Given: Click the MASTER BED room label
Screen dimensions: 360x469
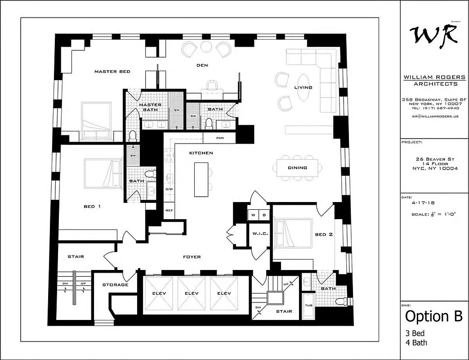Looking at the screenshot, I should coord(112,72).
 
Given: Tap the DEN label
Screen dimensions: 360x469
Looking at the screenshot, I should coord(202,66).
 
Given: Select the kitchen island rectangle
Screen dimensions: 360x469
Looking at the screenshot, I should coord(201,179).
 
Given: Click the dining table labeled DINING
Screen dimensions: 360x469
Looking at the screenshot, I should coord(297,168).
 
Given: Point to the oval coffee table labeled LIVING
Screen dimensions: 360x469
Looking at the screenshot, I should coord(304,88).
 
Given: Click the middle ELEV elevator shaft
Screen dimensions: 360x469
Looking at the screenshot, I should coord(191,294).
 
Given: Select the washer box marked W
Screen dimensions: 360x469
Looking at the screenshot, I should coord(253,216).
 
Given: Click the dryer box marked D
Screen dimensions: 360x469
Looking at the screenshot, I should coord(264,216).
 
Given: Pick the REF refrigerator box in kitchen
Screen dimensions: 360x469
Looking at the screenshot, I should coord(169,211).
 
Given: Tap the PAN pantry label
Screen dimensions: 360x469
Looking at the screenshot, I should coord(220,138).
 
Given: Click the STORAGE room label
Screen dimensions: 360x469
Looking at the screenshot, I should coord(115,284).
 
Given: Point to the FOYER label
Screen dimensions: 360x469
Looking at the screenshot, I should coord(192,257).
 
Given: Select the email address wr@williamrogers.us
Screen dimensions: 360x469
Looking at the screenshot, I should coord(434,116).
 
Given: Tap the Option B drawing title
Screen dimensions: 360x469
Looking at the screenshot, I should coord(433,316).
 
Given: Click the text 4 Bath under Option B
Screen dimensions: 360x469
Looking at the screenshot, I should coord(416,342).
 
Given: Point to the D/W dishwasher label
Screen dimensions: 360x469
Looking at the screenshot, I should coord(169,189).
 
